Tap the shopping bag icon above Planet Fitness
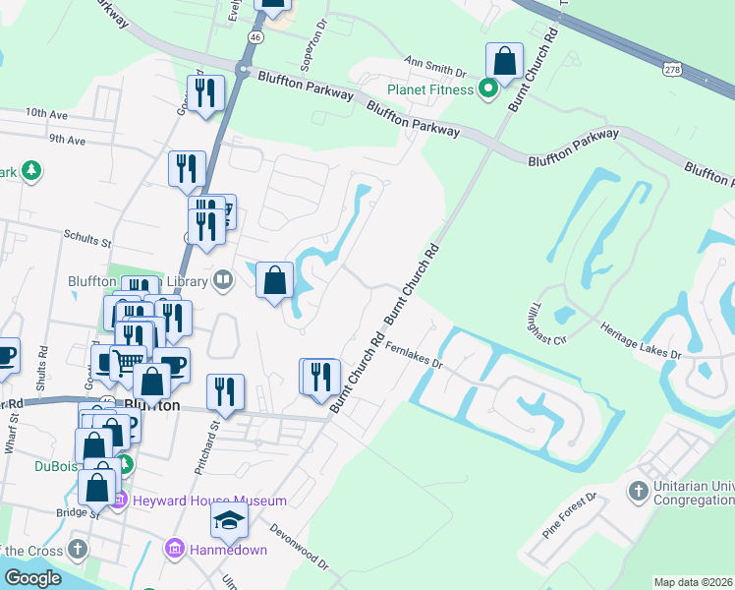tap(504, 62)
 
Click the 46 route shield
tap(254, 36)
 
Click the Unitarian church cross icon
tap(638, 490)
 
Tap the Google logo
tap(32, 577)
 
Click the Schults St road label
tap(88, 236)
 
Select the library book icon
tap(224, 282)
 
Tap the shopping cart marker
tap(124, 362)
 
